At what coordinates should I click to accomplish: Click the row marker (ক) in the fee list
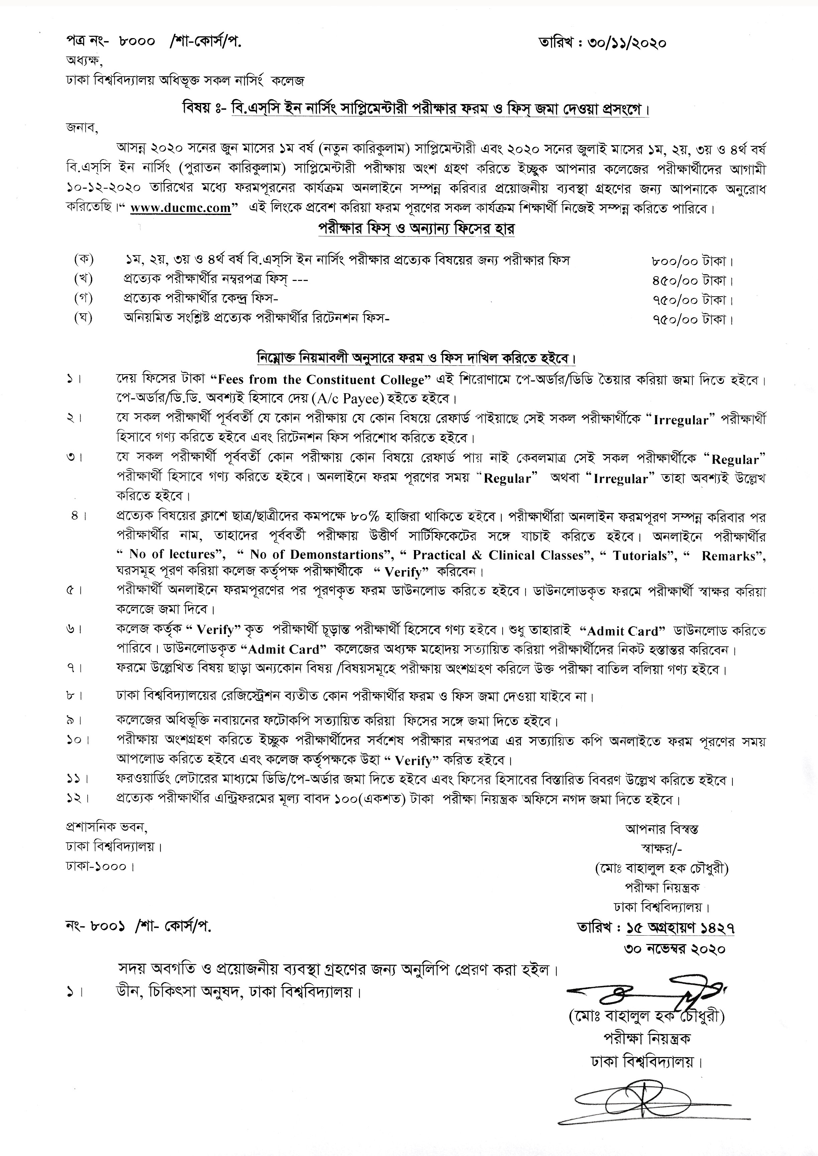click(83, 260)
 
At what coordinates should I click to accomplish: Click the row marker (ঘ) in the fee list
click(83, 318)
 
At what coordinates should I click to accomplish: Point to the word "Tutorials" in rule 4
click(640, 555)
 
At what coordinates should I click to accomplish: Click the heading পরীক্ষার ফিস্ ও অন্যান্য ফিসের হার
click(416, 229)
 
